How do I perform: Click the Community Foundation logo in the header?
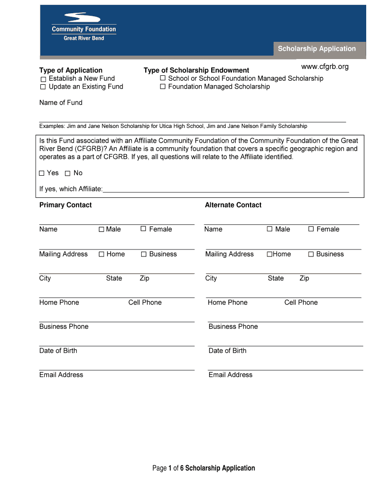coord(84,27)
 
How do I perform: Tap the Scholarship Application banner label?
coord(316,49)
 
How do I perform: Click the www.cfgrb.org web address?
coord(324,66)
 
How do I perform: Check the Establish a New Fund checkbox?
coord(43,79)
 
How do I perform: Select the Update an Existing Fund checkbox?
coord(43,87)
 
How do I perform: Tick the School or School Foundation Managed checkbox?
coord(162,78)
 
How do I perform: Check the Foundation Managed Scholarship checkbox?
coord(162,87)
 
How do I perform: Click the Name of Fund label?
coord(61,102)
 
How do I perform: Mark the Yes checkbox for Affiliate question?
coord(42,173)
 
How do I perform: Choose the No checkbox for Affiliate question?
coord(67,173)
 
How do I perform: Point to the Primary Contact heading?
coord(65,205)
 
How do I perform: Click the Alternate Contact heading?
coord(233,205)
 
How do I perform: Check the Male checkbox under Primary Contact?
coord(101,229)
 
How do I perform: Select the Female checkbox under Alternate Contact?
coord(311,229)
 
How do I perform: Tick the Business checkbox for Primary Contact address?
coord(144,254)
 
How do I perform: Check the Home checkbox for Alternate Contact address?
coord(269,254)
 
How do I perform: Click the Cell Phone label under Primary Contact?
coord(145,302)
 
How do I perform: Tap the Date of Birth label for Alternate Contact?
coord(227,350)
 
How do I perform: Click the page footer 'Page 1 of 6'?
coord(204,468)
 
